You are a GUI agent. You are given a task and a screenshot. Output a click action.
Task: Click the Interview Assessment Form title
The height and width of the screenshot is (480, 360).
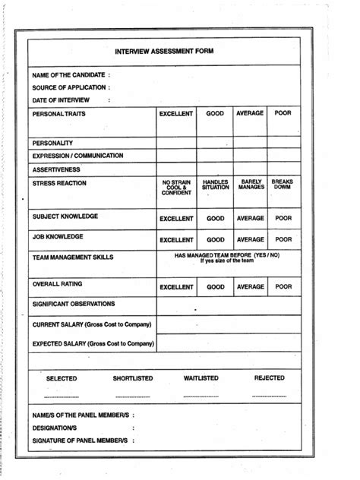(164, 52)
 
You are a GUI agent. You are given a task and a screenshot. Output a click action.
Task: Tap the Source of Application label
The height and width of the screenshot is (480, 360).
(71, 87)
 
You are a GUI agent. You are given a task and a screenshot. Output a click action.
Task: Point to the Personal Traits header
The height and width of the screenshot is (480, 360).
(58, 114)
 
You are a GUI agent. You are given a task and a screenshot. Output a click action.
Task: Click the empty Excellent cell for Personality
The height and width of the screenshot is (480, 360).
(176, 143)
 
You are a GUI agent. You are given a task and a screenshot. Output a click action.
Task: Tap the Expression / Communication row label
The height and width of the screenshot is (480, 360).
(77, 156)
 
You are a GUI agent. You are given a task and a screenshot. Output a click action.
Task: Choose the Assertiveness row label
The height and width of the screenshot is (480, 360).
(56, 169)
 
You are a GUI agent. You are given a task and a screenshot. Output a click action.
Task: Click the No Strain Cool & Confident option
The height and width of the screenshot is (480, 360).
(176, 188)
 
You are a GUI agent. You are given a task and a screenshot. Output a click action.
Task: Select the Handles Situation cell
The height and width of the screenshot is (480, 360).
(216, 185)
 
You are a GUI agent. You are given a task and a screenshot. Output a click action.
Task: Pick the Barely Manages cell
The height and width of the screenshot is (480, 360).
(251, 185)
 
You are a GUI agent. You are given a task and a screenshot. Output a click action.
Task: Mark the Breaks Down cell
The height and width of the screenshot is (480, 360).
(283, 185)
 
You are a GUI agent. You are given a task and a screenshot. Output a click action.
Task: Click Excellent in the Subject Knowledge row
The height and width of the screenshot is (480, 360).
(176, 219)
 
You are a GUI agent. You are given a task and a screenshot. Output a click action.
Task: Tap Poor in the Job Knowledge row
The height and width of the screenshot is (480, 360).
(283, 240)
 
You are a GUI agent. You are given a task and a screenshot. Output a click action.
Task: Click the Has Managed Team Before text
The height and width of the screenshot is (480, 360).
(226, 256)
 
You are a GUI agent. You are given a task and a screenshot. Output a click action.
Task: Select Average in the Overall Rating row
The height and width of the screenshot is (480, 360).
(250, 288)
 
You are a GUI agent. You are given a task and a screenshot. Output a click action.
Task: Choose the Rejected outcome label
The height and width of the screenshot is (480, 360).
(270, 378)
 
